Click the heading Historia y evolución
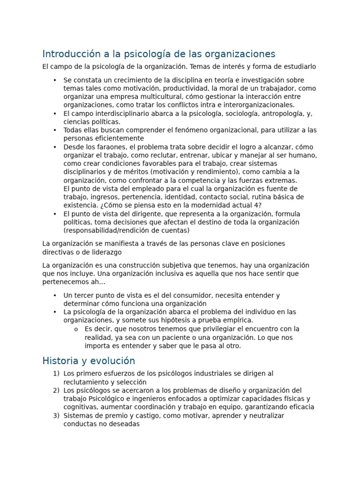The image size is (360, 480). pos(89,361)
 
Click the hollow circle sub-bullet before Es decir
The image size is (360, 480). pos(76,329)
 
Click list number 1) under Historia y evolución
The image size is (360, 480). pos(56,374)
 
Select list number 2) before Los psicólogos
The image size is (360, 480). pos(56,390)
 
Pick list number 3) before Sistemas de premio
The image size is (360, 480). pos(56,415)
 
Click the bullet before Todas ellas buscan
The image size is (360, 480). pos(55,130)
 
